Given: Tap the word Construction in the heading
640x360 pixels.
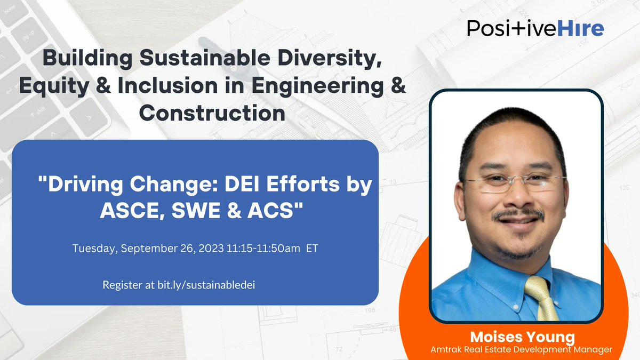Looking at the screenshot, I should pos(211,113).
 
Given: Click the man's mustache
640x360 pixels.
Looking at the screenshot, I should pos(517,214).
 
